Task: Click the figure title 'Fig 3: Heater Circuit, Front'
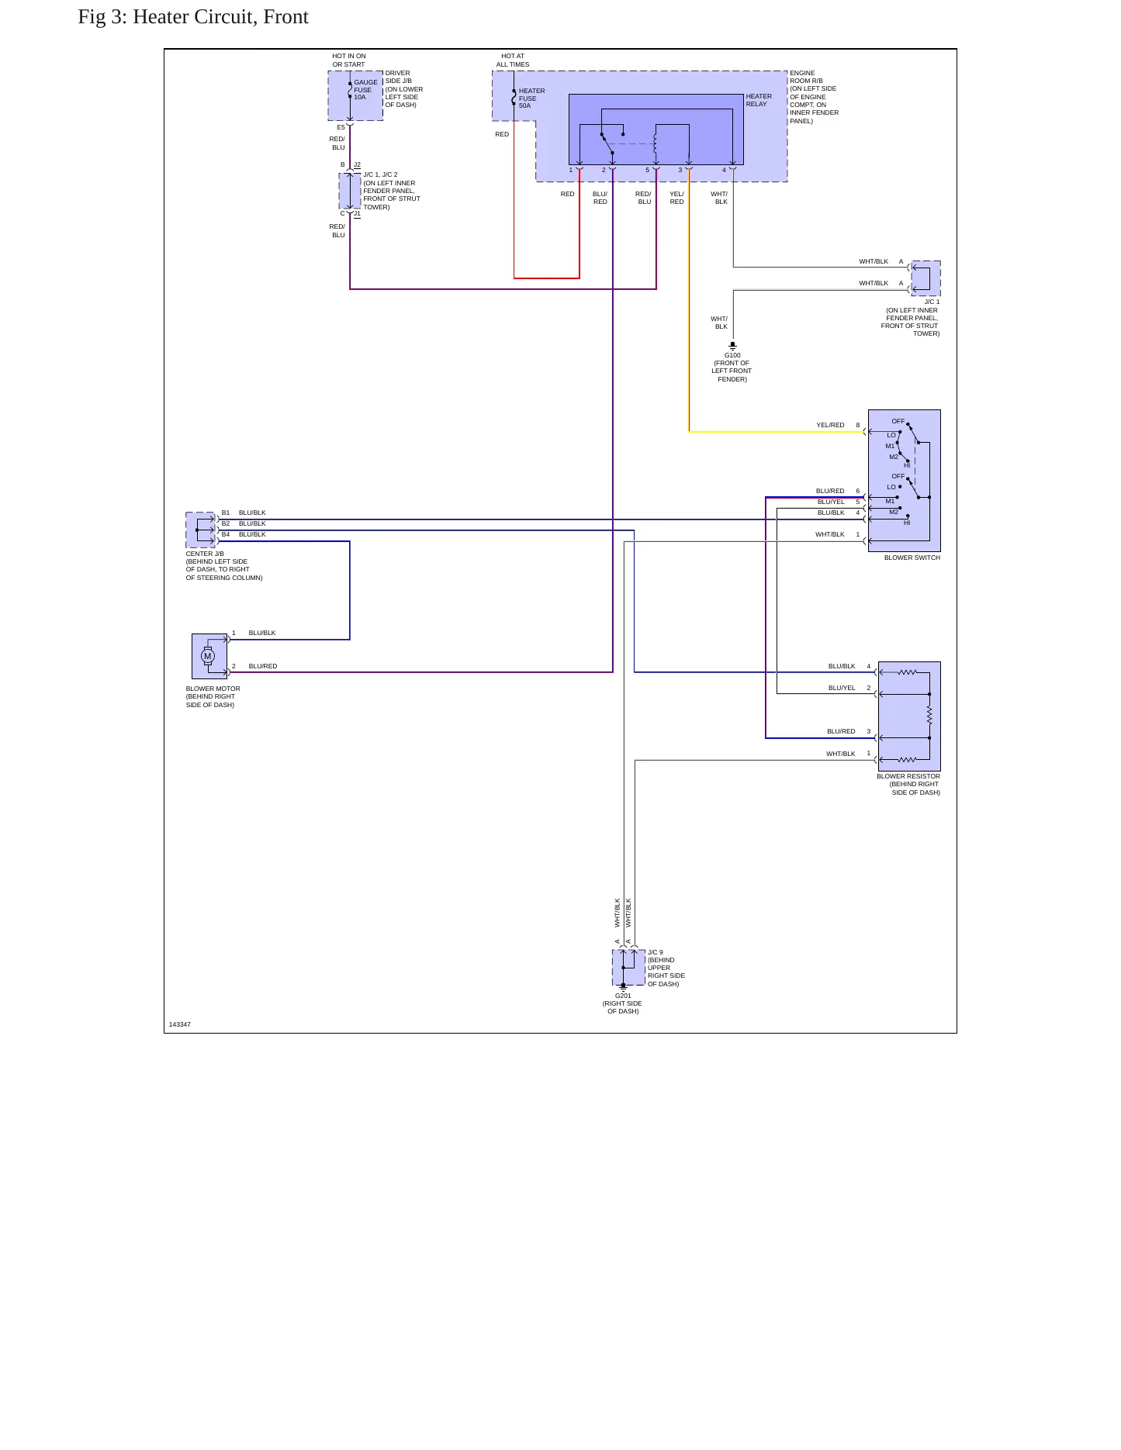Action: click(x=193, y=17)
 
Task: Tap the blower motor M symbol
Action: click(x=207, y=656)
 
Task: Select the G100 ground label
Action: click(x=732, y=356)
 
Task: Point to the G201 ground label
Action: click(x=623, y=996)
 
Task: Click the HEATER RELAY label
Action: click(x=759, y=100)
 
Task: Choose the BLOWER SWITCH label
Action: click(x=912, y=558)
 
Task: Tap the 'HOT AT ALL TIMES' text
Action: click(x=513, y=60)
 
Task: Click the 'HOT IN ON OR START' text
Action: click(x=349, y=60)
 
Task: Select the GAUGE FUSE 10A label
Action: click(x=366, y=90)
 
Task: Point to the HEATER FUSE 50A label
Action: click(x=532, y=98)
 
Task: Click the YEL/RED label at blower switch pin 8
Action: click(x=830, y=425)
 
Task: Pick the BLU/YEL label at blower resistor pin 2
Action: click(x=842, y=688)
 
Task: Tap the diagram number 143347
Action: click(x=180, y=1024)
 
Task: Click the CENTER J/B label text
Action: click(x=205, y=554)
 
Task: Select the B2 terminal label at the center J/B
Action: click(x=226, y=523)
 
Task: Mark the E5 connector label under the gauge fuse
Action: click(x=341, y=127)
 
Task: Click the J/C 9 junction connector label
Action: click(x=656, y=952)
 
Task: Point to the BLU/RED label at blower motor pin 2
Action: click(x=263, y=666)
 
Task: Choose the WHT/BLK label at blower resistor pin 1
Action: click(x=841, y=754)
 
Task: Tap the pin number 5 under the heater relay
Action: click(x=647, y=170)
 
